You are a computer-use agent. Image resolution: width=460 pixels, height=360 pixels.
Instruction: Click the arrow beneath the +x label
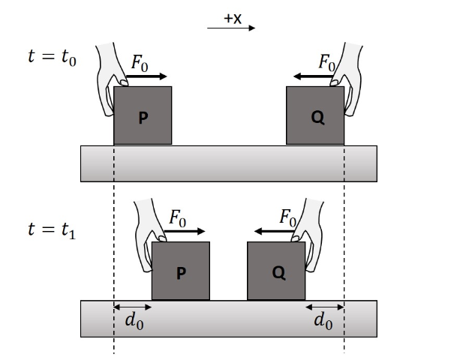click(232, 29)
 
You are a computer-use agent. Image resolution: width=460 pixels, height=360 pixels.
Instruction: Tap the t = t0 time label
click(52, 56)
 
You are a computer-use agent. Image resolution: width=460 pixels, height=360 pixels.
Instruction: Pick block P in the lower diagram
click(180, 271)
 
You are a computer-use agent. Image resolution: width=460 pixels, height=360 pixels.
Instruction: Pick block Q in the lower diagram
click(277, 271)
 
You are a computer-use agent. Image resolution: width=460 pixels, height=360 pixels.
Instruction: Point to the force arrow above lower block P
click(185, 232)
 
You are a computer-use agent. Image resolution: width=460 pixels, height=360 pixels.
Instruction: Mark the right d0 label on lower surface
click(323, 321)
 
